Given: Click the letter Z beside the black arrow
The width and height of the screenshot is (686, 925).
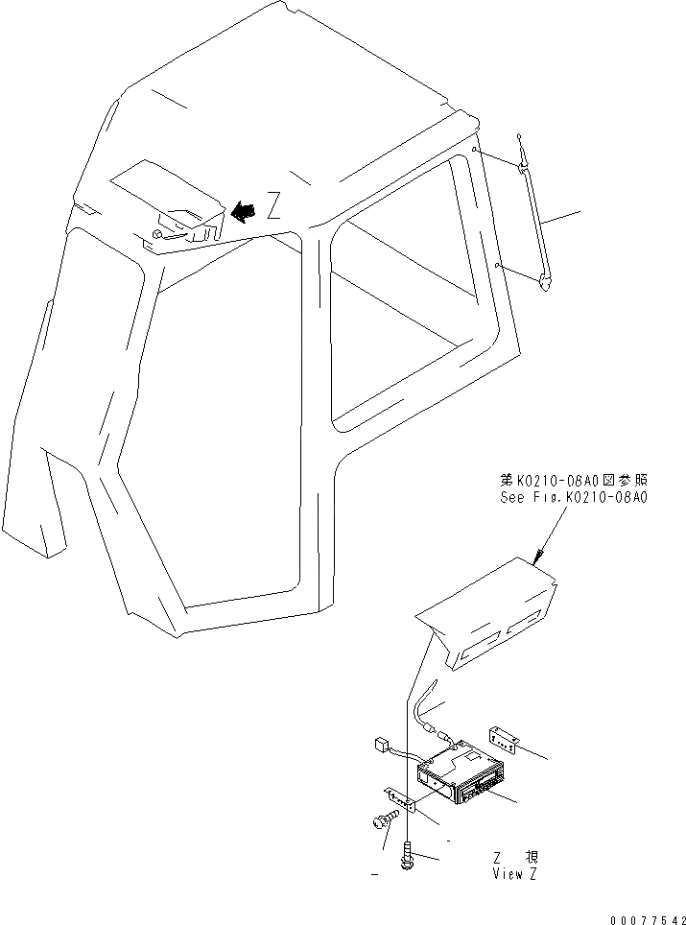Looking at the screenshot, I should [273, 205].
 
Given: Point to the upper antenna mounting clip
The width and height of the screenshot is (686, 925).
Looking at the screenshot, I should [522, 169].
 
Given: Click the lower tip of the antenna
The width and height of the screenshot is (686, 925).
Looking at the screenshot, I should [546, 283].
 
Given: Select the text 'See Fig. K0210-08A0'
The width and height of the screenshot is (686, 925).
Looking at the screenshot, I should [574, 498].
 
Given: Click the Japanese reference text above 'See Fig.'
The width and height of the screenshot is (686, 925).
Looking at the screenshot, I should [574, 478].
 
